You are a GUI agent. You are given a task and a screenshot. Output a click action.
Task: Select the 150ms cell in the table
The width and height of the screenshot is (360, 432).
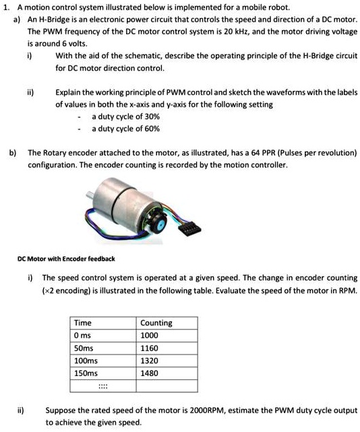pyautogui.click(x=86, y=372)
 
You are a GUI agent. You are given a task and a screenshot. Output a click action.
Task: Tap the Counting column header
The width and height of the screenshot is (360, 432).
pyautogui.click(x=156, y=323)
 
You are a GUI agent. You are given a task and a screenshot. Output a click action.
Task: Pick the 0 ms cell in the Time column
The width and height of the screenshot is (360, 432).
pyautogui.click(x=83, y=335)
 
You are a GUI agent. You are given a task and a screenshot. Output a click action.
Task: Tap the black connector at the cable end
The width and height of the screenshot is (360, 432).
pyautogui.click(x=190, y=230)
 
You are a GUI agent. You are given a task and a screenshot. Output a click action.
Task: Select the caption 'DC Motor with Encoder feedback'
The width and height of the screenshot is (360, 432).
pyautogui.click(x=66, y=259)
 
